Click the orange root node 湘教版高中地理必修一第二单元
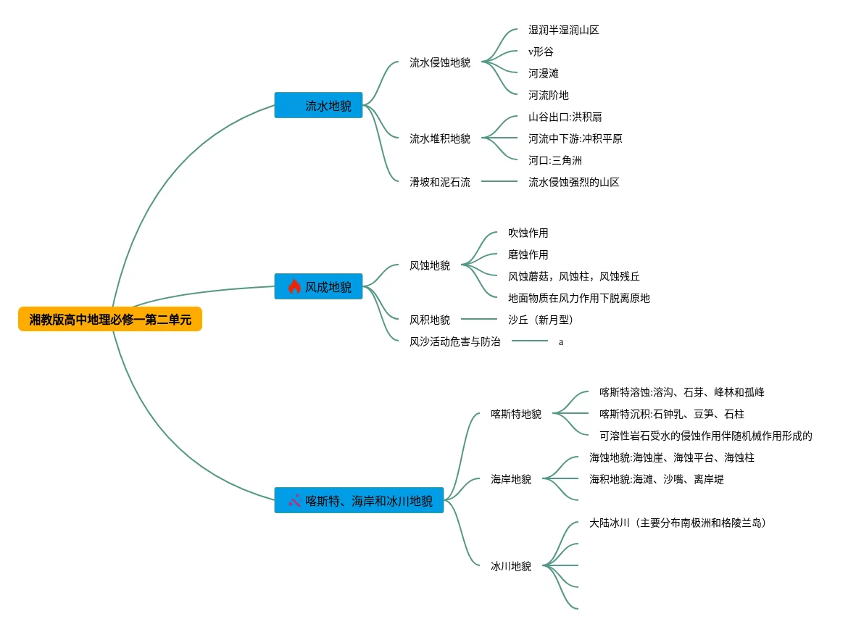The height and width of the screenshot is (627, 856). [110, 320]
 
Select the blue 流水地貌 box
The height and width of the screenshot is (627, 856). [318, 106]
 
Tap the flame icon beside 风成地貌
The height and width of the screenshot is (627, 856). [294, 286]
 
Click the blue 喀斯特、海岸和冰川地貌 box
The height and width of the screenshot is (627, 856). [359, 501]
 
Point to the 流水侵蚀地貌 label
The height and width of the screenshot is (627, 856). [440, 63]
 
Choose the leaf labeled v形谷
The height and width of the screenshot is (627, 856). [541, 52]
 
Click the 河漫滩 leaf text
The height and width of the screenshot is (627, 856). [544, 74]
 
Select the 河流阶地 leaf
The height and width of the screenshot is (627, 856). [549, 96]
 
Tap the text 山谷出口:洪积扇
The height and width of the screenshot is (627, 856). [565, 117]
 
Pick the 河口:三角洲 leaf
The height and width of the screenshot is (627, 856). [555, 161]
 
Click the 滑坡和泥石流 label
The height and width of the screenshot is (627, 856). [440, 183]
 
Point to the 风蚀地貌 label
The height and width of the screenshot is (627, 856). [430, 266]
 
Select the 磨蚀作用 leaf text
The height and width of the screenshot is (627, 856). [528, 255]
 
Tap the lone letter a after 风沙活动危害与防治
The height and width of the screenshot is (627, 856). [561, 342]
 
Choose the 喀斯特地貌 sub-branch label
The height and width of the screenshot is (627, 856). [516, 415]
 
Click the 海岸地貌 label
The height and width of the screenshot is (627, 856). [511, 480]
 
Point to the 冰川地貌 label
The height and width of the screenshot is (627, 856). [511, 567]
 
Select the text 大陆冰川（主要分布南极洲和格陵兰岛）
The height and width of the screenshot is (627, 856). [678, 523]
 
